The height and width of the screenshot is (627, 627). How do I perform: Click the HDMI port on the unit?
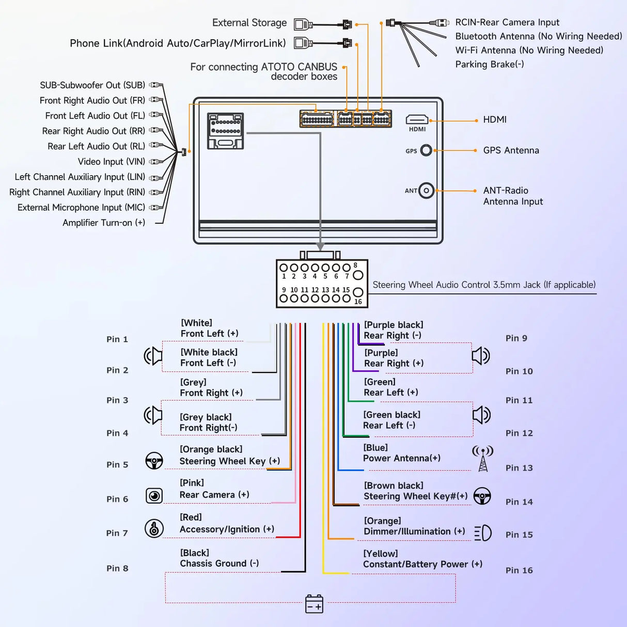point(417,119)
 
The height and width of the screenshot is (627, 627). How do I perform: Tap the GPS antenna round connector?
point(426,150)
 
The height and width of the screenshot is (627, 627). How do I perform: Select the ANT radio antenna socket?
point(426,191)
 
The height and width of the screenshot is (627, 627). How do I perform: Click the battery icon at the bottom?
point(314,604)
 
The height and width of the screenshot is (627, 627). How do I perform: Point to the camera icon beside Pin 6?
point(154,496)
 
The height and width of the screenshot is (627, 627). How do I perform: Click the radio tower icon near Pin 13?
point(483,459)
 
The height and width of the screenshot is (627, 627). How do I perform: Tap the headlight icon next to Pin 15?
point(483,533)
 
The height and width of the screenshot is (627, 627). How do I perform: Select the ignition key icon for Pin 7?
point(154,528)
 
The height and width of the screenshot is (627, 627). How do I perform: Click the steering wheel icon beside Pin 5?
point(154,461)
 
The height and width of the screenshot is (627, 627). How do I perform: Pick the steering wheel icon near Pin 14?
point(482,496)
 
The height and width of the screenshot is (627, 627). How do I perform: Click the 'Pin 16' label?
point(519,570)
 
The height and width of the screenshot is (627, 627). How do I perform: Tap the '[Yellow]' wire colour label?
point(380,554)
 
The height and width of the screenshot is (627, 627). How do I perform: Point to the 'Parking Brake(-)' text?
point(490,64)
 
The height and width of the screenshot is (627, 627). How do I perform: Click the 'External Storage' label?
point(249,23)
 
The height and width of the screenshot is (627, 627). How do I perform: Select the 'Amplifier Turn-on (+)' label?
point(104,223)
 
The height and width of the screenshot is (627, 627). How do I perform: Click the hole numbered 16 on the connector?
point(358,292)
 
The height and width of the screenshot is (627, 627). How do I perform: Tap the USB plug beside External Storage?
point(303,24)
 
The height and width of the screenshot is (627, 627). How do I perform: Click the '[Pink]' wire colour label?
point(192,482)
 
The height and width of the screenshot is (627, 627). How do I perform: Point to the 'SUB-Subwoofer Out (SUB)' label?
point(92,85)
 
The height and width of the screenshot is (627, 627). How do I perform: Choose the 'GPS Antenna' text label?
point(511,150)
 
